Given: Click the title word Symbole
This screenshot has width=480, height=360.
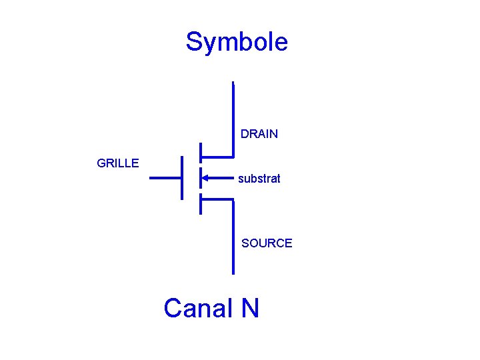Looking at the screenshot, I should coord(237,42).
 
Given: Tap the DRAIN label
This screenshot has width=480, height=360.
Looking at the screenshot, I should coord(259,134).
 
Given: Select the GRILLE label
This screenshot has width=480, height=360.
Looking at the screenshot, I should coord(118,163).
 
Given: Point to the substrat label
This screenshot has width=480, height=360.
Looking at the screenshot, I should coord(259,179).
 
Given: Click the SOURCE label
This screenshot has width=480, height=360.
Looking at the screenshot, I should coord(267,243).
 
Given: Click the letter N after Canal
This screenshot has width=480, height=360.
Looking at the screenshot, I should coord(250,308).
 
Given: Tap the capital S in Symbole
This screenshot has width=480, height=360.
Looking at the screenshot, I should coord(194,41).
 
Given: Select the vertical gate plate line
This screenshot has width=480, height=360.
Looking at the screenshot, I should coord(183,177).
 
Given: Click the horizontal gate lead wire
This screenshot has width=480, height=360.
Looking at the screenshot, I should coord(165,178).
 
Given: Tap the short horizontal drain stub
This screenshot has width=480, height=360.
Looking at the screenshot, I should coord(217,157).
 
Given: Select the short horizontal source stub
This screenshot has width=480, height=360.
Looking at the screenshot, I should coord(217,199).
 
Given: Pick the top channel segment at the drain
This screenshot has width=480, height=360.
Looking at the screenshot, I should coord(201,153).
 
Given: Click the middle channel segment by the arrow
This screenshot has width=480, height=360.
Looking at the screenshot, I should coord(201,178).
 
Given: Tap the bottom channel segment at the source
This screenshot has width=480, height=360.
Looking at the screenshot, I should coord(201,203).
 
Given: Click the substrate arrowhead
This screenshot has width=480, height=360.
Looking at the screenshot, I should coord(207,178).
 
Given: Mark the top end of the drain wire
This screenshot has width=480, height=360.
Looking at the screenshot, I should coord(233,83).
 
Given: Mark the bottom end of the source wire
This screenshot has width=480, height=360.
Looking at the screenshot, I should coord(233,273).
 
